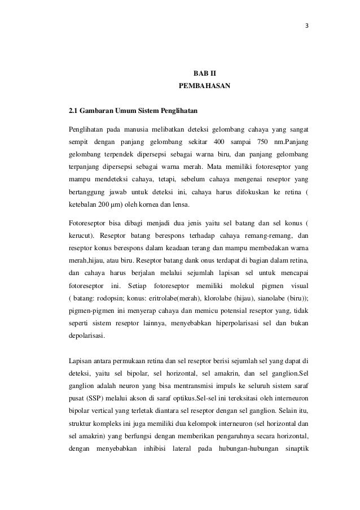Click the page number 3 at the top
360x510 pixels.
tap(306, 27)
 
